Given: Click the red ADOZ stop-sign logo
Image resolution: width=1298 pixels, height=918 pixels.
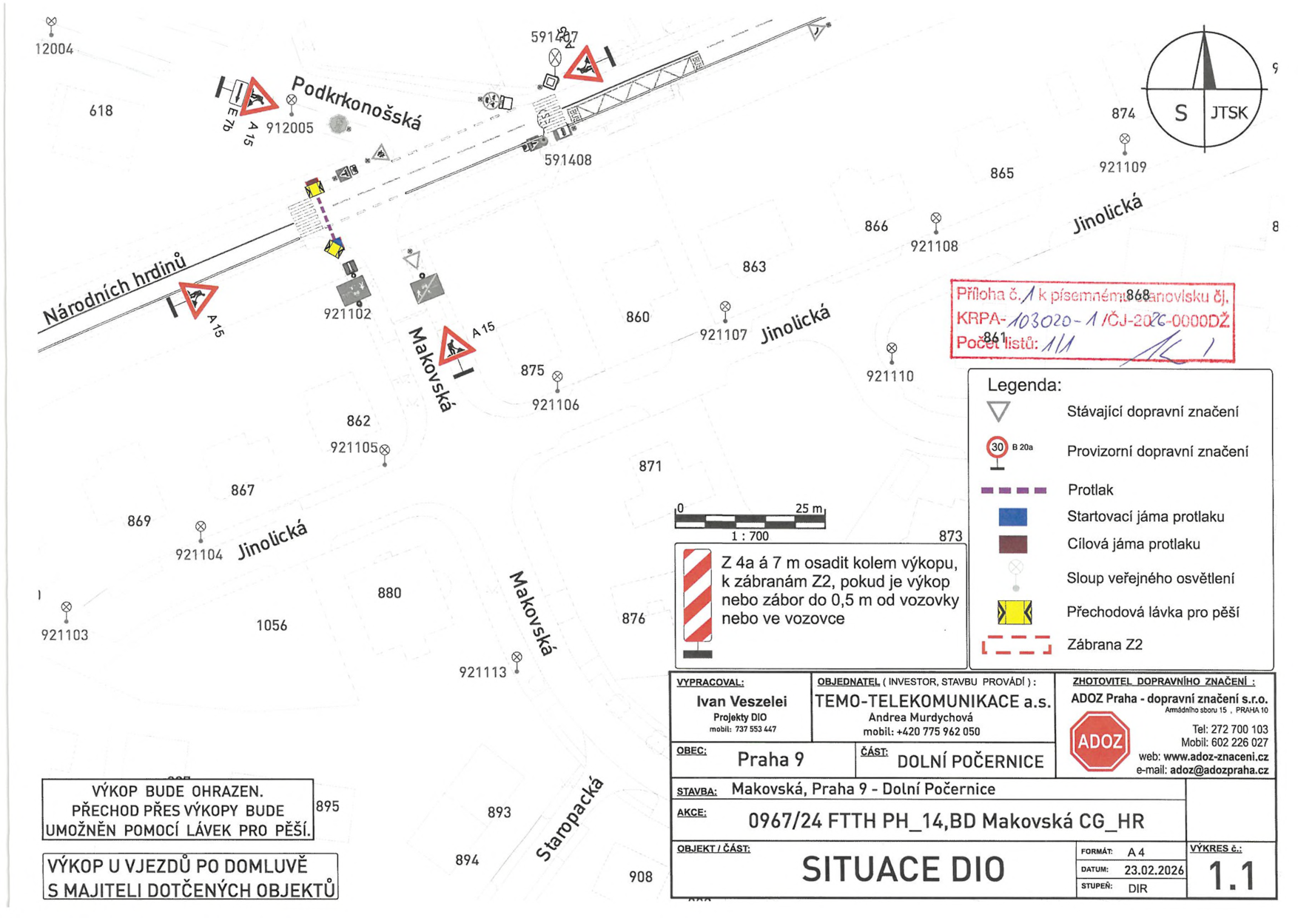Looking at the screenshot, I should click(x=1099, y=741).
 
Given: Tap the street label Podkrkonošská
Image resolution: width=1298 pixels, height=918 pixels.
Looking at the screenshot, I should click(x=356, y=103).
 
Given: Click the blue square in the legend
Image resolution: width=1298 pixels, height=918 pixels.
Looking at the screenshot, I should click(x=1012, y=516).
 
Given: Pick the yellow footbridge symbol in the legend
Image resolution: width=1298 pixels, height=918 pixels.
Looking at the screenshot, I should click(x=1015, y=612).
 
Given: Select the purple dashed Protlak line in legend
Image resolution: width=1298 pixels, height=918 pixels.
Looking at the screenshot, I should click(x=1013, y=490).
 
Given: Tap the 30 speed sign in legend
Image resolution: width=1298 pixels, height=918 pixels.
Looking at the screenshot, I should click(x=998, y=447).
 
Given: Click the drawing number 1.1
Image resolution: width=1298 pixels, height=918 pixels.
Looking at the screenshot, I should click(x=1231, y=876).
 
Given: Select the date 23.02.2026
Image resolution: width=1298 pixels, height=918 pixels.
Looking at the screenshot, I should click(x=1154, y=871).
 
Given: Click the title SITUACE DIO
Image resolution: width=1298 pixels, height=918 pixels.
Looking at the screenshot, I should click(x=902, y=869).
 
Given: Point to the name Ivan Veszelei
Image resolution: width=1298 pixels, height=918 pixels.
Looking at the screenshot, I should click(x=742, y=701).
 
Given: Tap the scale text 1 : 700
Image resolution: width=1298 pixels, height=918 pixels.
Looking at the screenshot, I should click(x=750, y=536).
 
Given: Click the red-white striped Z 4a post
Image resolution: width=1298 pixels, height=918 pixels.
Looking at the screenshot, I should click(x=697, y=596).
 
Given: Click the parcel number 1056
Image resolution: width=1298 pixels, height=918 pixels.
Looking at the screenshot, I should click(x=272, y=626).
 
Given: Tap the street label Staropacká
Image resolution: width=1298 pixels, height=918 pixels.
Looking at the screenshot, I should click(x=569, y=820).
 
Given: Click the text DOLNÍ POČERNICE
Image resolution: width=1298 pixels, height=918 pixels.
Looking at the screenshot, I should click(x=969, y=761).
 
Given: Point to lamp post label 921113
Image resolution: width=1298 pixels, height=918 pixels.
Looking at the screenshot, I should click(x=482, y=672).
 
